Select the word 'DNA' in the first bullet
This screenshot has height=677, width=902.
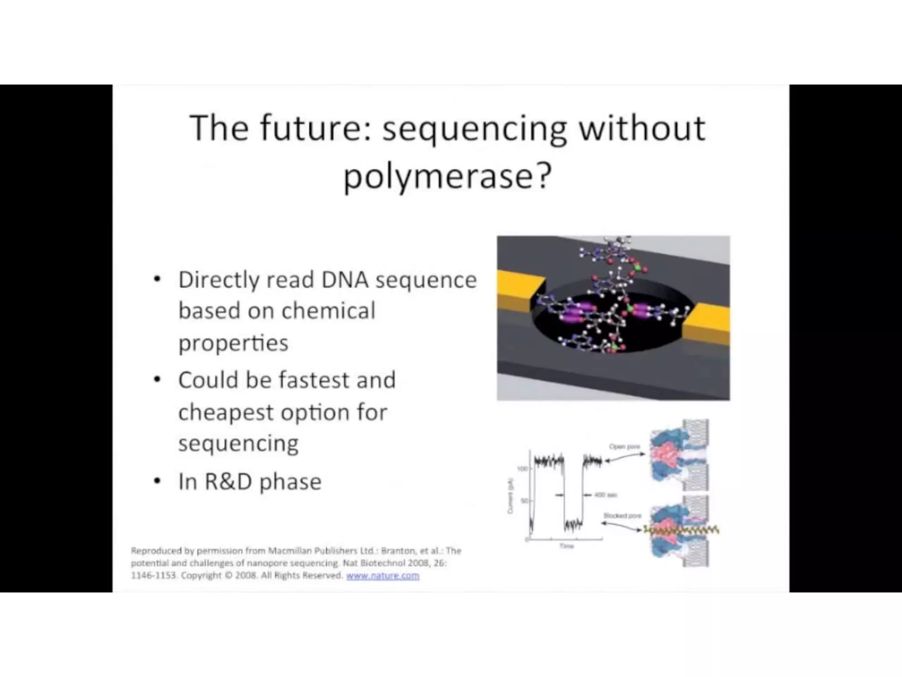coord(344,280)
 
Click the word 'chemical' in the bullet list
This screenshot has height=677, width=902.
coord(328,311)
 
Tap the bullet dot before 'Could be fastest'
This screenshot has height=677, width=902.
coord(157,380)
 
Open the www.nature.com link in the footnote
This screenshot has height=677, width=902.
coord(382,576)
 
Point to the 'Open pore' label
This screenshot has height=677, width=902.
coord(625,446)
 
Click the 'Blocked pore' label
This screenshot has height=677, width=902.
coord(622,515)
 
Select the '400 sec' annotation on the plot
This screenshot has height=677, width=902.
coord(606,495)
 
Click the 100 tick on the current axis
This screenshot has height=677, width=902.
coord(522,469)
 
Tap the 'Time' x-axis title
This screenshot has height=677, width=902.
coord(566,546)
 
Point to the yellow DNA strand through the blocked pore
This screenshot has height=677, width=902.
coord(680,529)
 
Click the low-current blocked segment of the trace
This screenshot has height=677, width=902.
coord(573,524)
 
